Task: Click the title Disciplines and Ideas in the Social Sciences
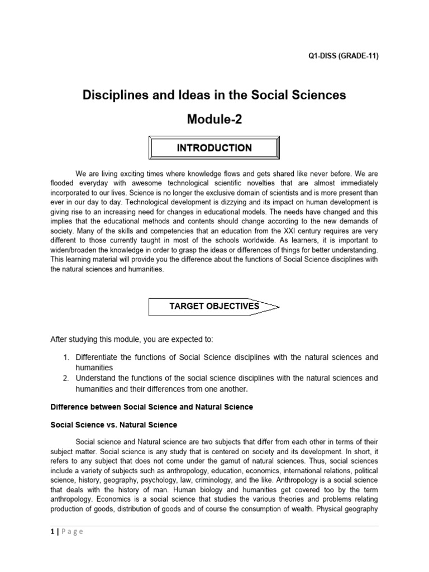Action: pyautogui.click(x=214, y=95)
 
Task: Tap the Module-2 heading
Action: pyautogui.click(x=214, y=119)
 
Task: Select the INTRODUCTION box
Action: pyautogui.click(x=214, y=148)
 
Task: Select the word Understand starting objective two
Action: pyautogui.click(x=97, y=378)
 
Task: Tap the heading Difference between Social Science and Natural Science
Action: pyautogui.click(x=151, y=407)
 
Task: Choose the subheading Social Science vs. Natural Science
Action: pyautogui.click(x=114, y=425)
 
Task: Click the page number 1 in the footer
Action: pyautogui.click(x=53, y=532)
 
